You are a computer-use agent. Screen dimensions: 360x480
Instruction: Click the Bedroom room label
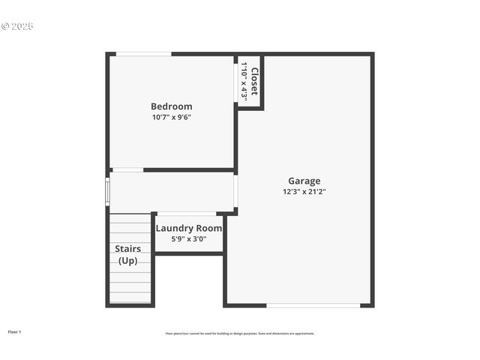(171, 106)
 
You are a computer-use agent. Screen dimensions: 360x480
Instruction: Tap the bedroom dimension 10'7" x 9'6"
(171, 117)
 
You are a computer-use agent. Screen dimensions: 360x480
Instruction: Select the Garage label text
(304, 181)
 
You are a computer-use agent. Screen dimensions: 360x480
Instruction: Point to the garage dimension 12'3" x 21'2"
(304, 191)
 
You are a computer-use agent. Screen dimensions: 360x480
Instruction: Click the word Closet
(254, 81)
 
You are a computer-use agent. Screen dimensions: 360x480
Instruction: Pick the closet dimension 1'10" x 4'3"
(244, 81)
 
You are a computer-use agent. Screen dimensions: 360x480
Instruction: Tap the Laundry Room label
(188, 228)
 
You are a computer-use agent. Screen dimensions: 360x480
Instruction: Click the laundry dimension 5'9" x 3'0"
(188, 239)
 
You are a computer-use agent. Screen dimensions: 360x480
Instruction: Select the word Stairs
(127, 248)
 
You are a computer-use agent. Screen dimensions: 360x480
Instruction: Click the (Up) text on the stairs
(127, 260)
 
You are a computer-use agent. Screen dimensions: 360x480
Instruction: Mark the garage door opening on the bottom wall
(313, 305)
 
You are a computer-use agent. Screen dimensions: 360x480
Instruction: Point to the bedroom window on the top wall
(143, 54)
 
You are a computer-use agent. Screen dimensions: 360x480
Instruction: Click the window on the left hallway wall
(107, 190)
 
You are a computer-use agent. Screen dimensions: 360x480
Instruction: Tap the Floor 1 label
(14, 331)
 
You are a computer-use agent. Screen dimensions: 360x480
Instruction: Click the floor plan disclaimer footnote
(240, 333)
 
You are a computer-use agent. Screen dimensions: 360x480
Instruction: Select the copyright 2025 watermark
(17, 26)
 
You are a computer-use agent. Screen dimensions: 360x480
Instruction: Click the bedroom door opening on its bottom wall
(127, 170)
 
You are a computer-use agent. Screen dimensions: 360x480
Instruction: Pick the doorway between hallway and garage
(235, 191)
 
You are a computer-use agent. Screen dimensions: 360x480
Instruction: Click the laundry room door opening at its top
(187, 214)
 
